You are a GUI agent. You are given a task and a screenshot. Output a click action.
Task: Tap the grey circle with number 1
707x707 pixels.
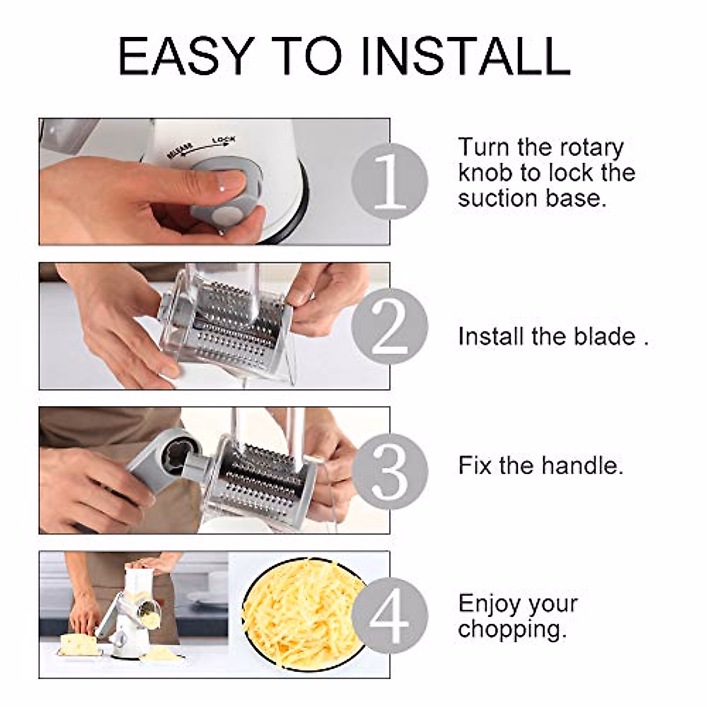point(390,181)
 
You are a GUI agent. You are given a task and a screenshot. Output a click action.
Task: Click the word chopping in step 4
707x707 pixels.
point(511,629)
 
